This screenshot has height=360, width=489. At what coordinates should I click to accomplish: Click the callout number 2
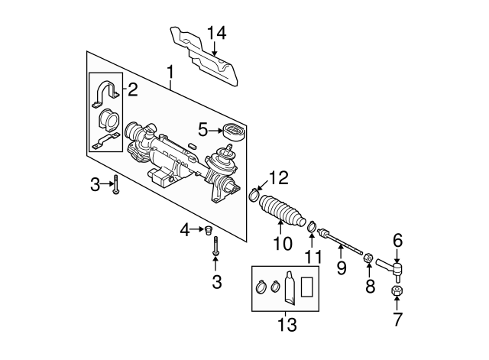tap(132, 91)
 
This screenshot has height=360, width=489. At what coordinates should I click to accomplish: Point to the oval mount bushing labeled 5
tap(230, 132)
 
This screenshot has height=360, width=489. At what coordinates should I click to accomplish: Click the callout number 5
tap(203, 128)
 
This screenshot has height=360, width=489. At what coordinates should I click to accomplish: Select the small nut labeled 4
tap(208, 229)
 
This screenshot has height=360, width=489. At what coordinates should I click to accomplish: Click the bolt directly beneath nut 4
tap(216, 248)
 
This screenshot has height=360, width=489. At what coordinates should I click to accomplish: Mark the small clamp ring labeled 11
tap(312, 226)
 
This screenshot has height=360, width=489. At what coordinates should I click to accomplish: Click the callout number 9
tap(342, 268)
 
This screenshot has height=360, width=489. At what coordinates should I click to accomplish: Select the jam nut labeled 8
tap(368, 260)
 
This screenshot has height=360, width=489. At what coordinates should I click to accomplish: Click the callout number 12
tap(279, 178)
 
